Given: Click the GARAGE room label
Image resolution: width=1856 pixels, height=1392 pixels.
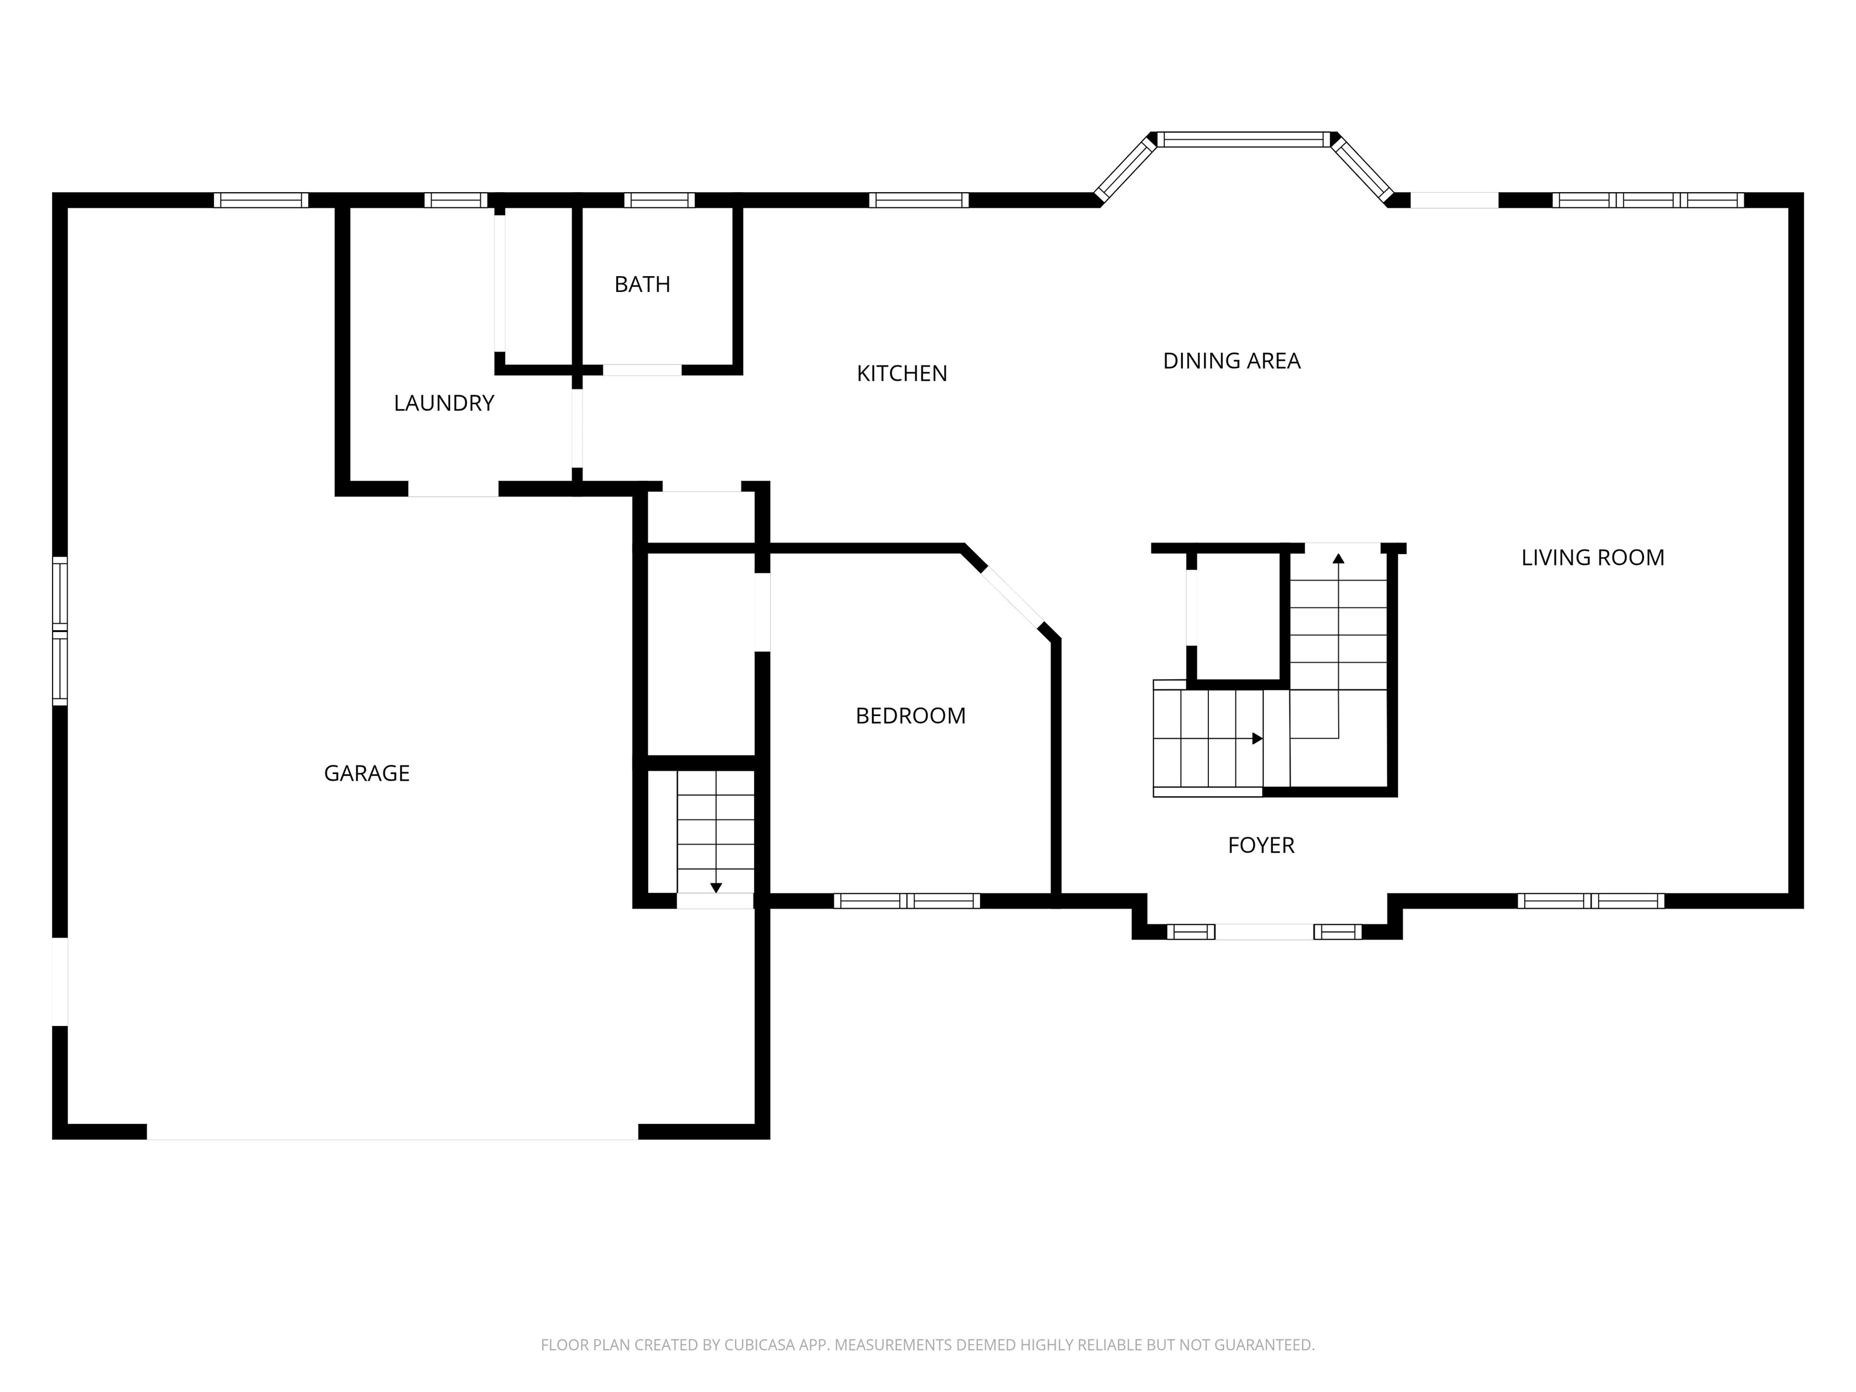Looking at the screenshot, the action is tap(367, 773).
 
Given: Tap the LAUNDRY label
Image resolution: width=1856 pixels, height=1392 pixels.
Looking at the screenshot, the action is tap(444, 403).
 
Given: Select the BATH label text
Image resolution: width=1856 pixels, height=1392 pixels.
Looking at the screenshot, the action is tap(642, 285).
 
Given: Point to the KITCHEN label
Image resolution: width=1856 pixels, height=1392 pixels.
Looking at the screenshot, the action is tap(902, 373).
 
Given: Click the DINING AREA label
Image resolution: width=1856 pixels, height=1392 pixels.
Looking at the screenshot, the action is tap(1232, 361).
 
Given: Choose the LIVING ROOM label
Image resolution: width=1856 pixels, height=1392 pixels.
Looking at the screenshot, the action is tap(1593, 557).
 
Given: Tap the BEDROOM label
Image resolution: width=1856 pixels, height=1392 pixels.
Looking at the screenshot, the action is tap(910, 716).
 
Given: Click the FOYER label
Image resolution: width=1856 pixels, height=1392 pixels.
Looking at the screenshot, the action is tap(1261, 845).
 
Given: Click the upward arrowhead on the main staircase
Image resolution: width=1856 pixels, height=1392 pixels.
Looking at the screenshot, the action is tap(1338, 558).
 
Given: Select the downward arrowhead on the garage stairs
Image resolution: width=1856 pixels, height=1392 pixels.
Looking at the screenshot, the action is tap(716, 888).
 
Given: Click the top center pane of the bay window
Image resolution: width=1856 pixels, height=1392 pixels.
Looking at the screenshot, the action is tap(1245, 140).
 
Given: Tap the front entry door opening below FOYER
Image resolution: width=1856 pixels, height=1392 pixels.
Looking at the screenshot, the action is tap(1264, 932).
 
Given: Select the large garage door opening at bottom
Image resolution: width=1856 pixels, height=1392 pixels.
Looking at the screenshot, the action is tap(393, 1132).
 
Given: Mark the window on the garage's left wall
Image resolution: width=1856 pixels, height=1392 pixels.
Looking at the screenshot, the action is tap(60, 631).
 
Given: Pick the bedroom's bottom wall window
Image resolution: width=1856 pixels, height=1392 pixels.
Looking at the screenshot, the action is tap(907, 901).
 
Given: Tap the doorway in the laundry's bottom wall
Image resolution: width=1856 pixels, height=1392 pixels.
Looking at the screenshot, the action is tap(453, 489).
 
